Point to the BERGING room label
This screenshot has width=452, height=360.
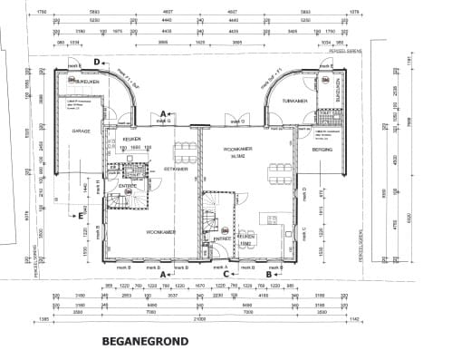pos(322,149)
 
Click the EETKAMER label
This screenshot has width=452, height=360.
pos(175,168)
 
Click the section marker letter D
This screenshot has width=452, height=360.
pos(95,62)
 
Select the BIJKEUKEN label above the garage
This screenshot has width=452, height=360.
pos(83,81)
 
